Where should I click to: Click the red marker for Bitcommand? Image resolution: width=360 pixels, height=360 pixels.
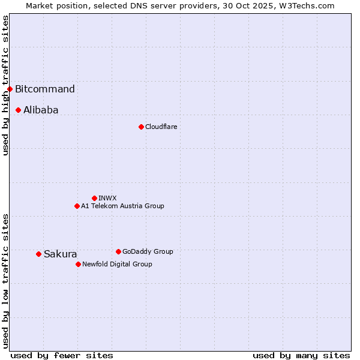click(10, 89)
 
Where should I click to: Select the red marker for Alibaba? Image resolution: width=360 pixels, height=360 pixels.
click(19, 110)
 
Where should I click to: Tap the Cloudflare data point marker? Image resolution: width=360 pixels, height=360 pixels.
click(141, 127)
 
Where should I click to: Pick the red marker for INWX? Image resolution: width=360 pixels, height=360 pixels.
click(94, 198)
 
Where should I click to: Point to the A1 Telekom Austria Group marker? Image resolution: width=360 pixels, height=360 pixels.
click(77, 206)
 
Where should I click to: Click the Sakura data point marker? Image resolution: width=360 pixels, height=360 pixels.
click(38, 254)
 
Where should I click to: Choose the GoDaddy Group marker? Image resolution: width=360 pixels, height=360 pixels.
click(118, 251)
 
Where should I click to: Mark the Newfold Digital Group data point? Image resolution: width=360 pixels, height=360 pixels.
click(78, 264)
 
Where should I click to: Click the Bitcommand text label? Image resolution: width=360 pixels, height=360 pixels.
click(45, 89)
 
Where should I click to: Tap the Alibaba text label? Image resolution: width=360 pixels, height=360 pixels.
click(41, 110)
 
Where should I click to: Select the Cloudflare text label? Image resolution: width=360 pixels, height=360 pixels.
click(161, 127)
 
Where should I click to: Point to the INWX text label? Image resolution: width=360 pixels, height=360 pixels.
click(107, 198)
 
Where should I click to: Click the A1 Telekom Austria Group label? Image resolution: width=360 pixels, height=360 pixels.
click(122, 206)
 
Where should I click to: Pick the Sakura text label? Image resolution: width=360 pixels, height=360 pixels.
click(60, 254)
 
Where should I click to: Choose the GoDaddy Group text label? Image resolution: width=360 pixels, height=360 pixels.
click(148, 251)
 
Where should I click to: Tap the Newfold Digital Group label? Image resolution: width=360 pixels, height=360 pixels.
click(117, 264)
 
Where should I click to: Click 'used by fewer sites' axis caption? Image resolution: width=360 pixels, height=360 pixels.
click(62, 355)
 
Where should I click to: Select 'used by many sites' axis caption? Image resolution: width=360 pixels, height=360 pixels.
click(301, 355)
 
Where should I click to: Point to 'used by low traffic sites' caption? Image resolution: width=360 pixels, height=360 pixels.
click(6, 281)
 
